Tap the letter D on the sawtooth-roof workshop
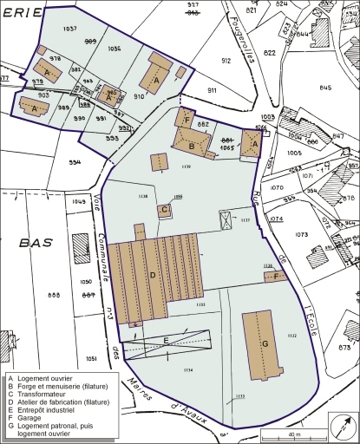pos(153,275)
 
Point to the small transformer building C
pos(163,209)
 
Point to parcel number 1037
pos(70,29)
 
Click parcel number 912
pos(226,61)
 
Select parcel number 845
pos(325,88)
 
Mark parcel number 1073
pos(302,235)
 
